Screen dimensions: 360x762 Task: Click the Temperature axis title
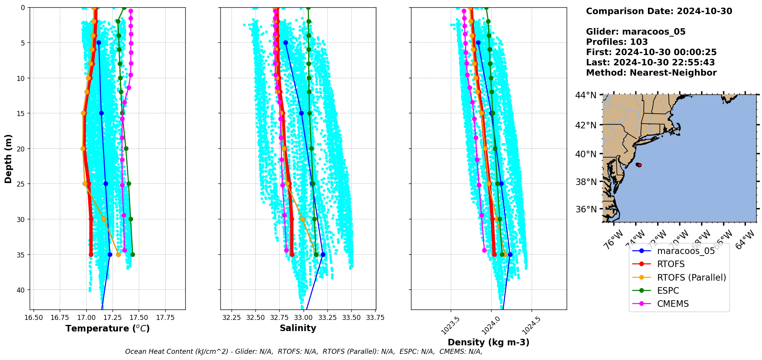[107, 328]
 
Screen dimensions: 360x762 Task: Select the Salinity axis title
[298, 328]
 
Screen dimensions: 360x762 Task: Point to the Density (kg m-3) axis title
[488, 342]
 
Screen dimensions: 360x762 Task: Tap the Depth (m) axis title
[8, 158]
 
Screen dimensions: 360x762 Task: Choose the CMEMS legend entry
[673, 304]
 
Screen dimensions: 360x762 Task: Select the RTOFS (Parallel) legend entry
[691, 278]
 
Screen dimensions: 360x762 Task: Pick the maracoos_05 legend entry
[686, 251]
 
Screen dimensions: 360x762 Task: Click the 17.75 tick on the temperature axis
[165, 318]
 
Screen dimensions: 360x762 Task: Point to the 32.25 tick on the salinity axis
[232, 318]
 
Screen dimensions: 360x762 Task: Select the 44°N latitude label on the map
[586, 95]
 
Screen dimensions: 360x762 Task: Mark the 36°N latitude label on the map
[586, 209]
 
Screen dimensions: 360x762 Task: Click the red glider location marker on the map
[639, 165]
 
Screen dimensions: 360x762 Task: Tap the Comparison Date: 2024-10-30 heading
[659, 11]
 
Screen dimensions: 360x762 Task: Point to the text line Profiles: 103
[617, 42]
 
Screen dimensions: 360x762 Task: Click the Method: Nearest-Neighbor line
[651, 73]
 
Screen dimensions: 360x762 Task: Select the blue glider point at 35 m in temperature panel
[110, 254]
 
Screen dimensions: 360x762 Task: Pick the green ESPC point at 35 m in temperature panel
[133, 254]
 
